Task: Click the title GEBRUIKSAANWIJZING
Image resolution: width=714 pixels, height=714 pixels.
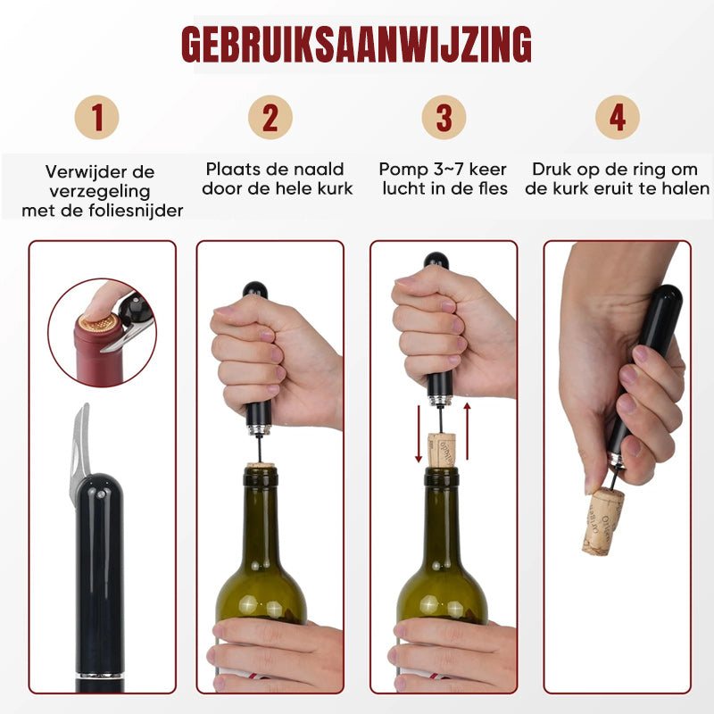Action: [356, 44]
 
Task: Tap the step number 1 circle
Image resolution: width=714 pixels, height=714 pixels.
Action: [97, 117]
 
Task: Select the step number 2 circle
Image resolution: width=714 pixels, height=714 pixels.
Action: [270, 117]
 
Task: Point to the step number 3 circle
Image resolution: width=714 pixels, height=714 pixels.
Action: [444, 117]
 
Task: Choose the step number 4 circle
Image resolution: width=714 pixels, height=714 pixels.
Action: [618, 117]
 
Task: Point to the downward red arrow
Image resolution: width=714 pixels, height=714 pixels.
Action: [419, 434]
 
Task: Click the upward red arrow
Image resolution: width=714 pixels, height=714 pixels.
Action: [467, 431]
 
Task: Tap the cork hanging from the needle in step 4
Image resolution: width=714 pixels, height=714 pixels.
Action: [602, 521]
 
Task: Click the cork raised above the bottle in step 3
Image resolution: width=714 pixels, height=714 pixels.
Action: [441, 451]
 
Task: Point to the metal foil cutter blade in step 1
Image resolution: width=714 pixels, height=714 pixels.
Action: [79, 453]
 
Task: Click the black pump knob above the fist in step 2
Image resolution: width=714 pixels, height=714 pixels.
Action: [254, 290]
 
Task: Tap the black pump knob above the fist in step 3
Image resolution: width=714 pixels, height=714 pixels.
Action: [436, 261]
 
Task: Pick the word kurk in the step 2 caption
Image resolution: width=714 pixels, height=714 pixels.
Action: [336, 188]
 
